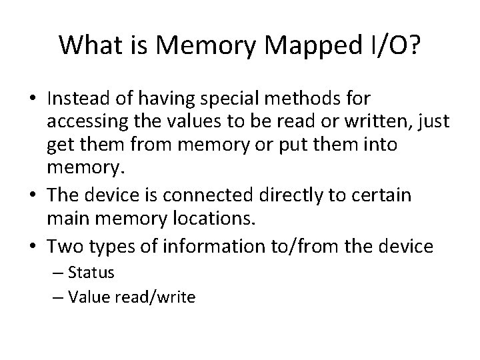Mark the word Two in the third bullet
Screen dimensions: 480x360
(62, 247)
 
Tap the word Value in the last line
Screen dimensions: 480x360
(89, 297)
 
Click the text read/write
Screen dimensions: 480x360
(154, 297)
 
